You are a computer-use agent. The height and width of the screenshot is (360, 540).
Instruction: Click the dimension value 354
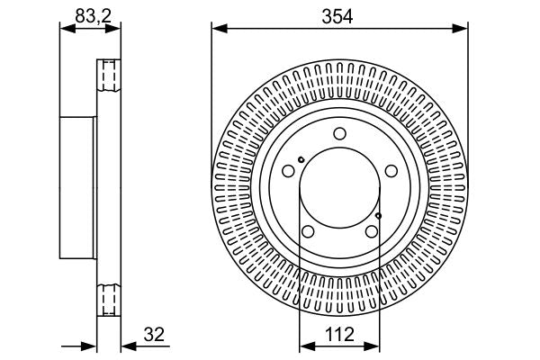coord(340,15)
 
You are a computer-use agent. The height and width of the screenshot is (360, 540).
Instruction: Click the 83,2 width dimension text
coord(90,15)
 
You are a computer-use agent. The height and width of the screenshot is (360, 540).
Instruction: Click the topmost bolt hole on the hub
coord(339,134)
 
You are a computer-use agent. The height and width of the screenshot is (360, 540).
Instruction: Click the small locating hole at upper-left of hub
coord(301,161)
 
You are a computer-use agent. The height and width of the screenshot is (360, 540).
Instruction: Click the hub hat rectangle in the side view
coord(78,185)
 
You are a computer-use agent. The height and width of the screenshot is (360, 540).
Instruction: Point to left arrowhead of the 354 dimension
coord(216,28)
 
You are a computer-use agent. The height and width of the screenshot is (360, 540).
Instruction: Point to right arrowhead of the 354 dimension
coord(463,28)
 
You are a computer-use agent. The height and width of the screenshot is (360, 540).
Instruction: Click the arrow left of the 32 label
coord(128,345)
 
